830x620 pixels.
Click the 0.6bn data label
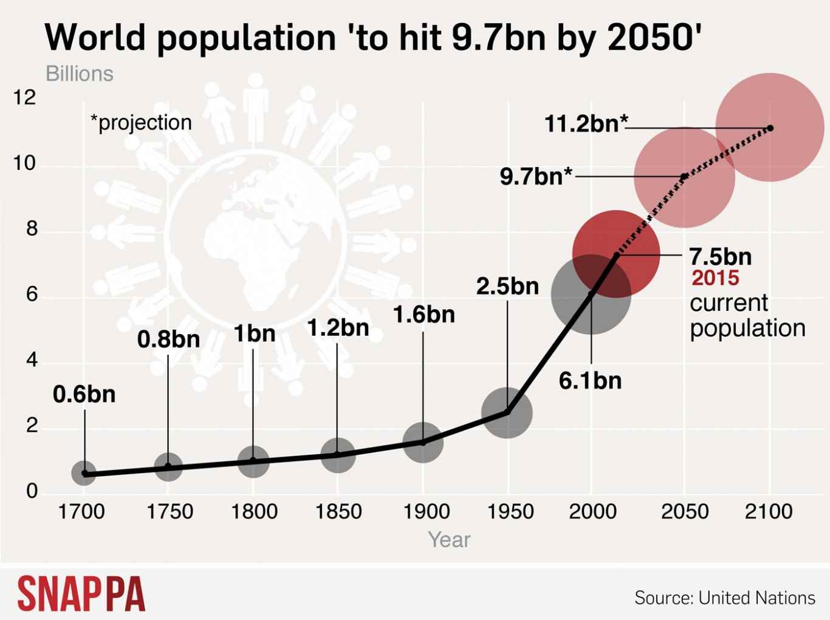tap(84, 395)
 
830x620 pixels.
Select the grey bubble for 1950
tap(507, 413)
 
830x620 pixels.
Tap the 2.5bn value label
tap(507, 286)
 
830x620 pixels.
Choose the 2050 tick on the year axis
tap(685, 511)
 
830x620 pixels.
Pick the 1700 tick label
tap(81, 511)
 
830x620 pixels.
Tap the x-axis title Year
tap(449, 539)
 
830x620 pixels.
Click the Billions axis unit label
tap(80, 74)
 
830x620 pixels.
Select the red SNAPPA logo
tap(81, 593)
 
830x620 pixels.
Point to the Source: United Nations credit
tap(725, 598)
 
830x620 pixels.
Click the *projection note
tap(141, 123)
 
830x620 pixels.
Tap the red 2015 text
tap(715, 278)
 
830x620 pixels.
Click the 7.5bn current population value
tap(720, 256)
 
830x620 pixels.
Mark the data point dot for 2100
tap(770, 128)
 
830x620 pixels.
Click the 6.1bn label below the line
tap(590, 381)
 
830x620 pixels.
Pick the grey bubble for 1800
tap(253, 461)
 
